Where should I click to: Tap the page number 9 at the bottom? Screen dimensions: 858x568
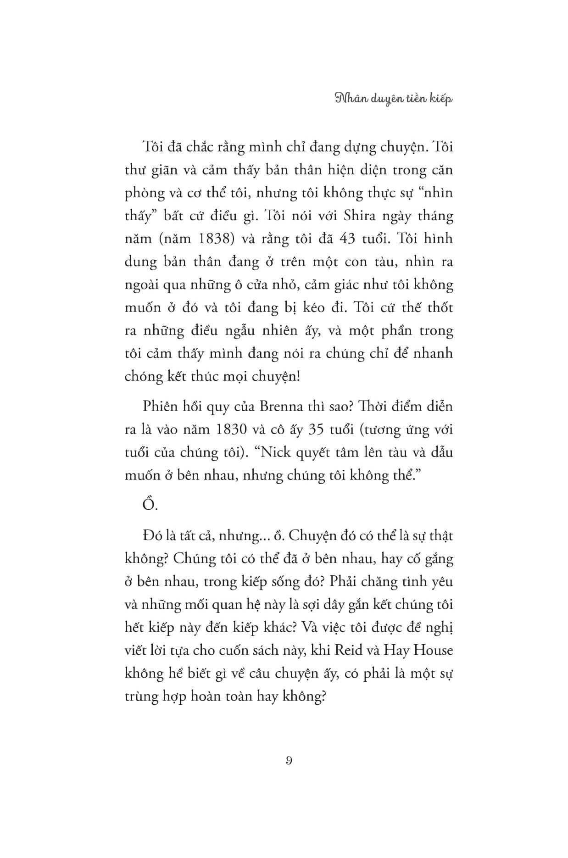(x=289, y=760)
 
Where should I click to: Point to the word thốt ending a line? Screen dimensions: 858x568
(x=440, y=307)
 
